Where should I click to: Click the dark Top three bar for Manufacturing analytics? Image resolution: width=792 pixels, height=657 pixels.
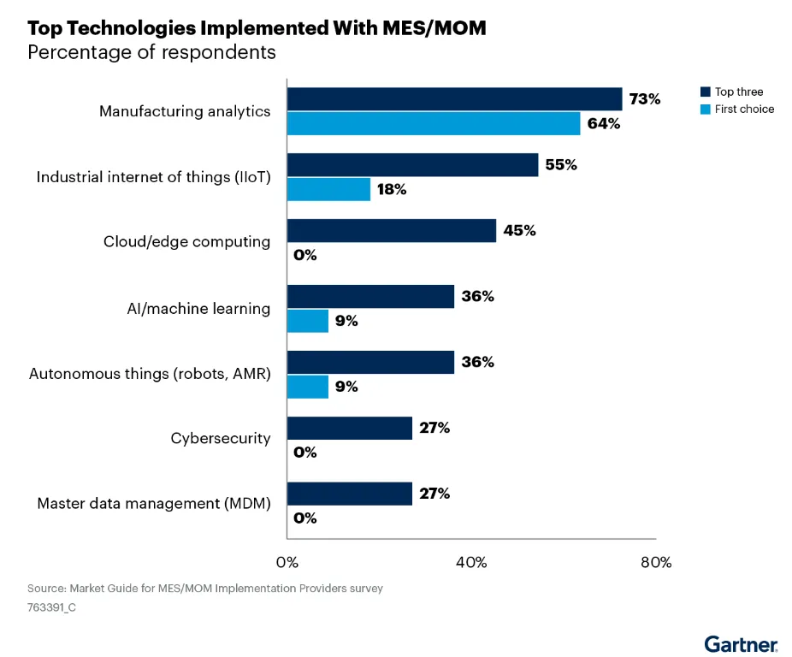coord(454,99)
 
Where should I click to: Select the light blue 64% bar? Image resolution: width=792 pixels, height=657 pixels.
coord(434,124)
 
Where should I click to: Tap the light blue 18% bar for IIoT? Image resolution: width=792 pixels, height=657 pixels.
coord(329,189)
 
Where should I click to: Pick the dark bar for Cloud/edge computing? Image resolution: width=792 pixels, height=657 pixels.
coord(392,230)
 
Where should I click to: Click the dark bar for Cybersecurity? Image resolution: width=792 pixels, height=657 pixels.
coord(350,428)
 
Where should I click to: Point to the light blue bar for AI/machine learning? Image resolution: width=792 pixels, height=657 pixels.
coord(308,321)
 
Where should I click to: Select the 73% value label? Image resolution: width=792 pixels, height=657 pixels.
coord(645,99)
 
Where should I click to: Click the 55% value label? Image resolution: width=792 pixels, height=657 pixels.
coord(561,165)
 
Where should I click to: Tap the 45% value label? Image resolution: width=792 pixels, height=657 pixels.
coord(519,230)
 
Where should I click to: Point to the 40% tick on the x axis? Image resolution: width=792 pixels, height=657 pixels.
coord(471,562)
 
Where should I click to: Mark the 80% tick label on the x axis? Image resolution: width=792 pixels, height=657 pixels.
coord(656,562)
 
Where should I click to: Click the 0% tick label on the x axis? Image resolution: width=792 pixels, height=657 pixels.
coord(287,562)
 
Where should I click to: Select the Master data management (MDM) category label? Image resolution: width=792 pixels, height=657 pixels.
coord(154,504)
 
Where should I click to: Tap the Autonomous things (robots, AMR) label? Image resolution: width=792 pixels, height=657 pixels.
coord(150,373)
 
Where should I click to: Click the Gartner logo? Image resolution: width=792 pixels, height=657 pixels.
coord(741,643)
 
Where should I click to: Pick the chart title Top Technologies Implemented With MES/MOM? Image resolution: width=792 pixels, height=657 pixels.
coord(257,27)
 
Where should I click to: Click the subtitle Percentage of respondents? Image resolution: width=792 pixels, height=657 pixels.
coord(151,52)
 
